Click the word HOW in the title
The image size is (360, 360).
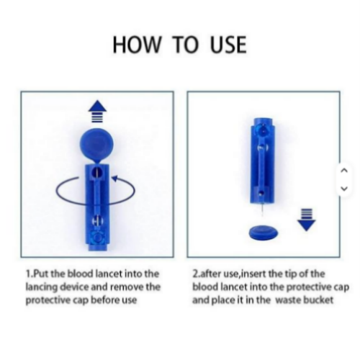[137, 45]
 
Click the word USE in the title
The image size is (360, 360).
[228, 45]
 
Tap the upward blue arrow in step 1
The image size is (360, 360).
[97, 111]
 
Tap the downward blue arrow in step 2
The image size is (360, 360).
[307, 220]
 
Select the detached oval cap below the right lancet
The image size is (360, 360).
[264, 233]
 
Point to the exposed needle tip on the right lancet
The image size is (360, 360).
[263, 210]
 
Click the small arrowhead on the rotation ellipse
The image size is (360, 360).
[115, 179]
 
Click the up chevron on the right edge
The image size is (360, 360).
[344, 171]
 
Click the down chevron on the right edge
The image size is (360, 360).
[344, 189]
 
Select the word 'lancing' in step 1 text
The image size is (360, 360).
[42, 287]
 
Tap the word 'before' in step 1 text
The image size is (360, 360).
[106, 300]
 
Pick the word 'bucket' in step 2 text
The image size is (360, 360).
[318, 300]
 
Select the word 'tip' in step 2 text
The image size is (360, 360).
[290, 274]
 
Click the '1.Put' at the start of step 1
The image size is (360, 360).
[37, 274]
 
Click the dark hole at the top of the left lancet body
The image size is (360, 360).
[97, 172]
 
